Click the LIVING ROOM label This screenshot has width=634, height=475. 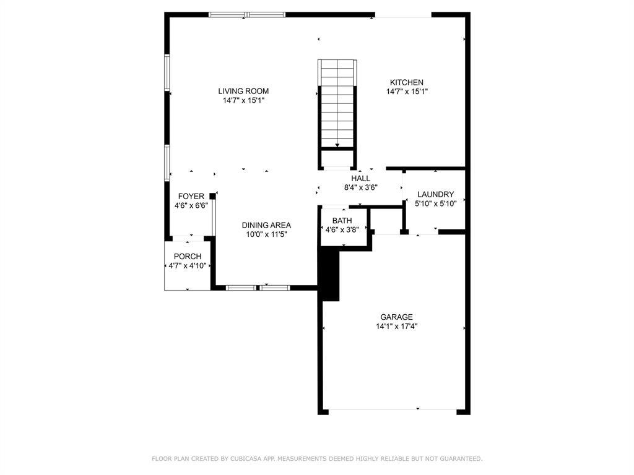tap(248, 91)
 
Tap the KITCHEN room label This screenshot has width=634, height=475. tap(407, 82)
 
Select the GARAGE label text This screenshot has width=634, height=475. tap(396, 317)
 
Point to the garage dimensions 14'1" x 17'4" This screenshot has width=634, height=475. tap(396, 327)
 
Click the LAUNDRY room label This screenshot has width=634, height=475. tap(435, 194)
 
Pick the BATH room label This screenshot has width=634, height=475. tap(342, 220)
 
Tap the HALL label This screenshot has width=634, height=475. tap(361, 178)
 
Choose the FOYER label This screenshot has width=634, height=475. tap(191, 197)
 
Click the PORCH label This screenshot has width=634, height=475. tap(187, 257)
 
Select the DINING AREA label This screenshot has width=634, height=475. tap(266, 225)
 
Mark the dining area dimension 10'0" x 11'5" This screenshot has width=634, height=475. tap(266, 234)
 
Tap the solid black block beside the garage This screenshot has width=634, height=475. tap(329, 272)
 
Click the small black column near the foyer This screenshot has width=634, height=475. tap(212, 196)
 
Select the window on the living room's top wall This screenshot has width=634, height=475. tap(247, 14)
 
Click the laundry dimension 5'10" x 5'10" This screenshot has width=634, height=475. tap(435, 203)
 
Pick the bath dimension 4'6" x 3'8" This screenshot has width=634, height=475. tap(342, 229)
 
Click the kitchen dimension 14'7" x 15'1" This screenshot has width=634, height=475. tap(407, 92)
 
